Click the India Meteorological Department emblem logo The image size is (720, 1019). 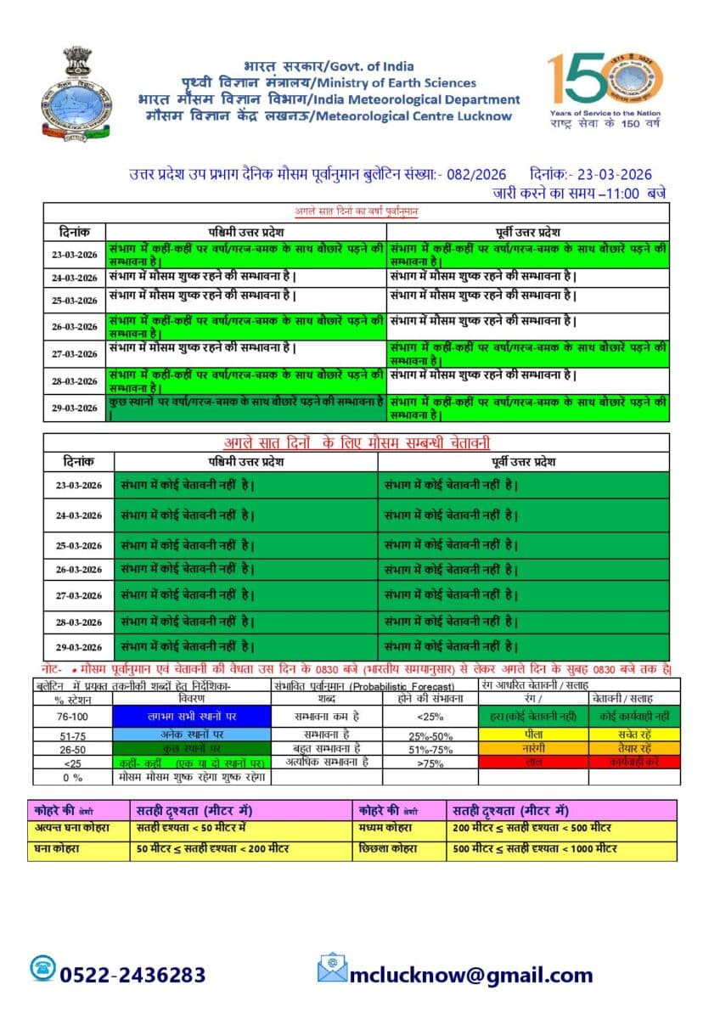[x=76, y=95]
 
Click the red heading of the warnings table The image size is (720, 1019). [x=356, y=442]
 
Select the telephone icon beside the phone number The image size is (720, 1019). [x=42, y=969]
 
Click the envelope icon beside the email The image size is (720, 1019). [x=332, y=968]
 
